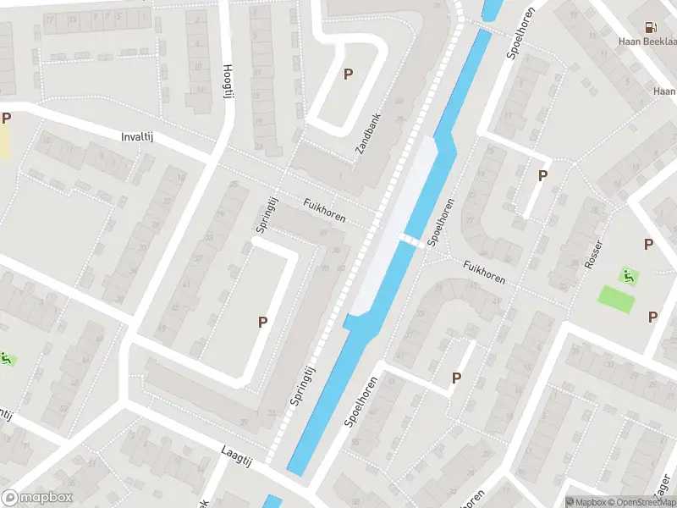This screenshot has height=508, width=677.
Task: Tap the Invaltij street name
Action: pyautogui.click(x=140, y=136)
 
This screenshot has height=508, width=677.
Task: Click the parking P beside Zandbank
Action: pyautogui.click(x=348, y=75)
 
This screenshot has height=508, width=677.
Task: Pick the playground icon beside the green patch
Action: pyautogui.click(x=627, y=274)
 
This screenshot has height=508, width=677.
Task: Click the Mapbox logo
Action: pyautogui.click(x=37, y=498)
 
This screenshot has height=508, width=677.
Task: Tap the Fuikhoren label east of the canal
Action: pyautogui.click(x=484, y=273)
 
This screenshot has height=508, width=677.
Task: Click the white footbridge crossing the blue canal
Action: pyautogui.click(x=410, y=241)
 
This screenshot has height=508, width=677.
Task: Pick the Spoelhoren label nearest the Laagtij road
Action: pyautogui.click(x=359, y=401)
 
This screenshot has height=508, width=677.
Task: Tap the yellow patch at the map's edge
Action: pyautogui.click(x=5, y=142)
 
